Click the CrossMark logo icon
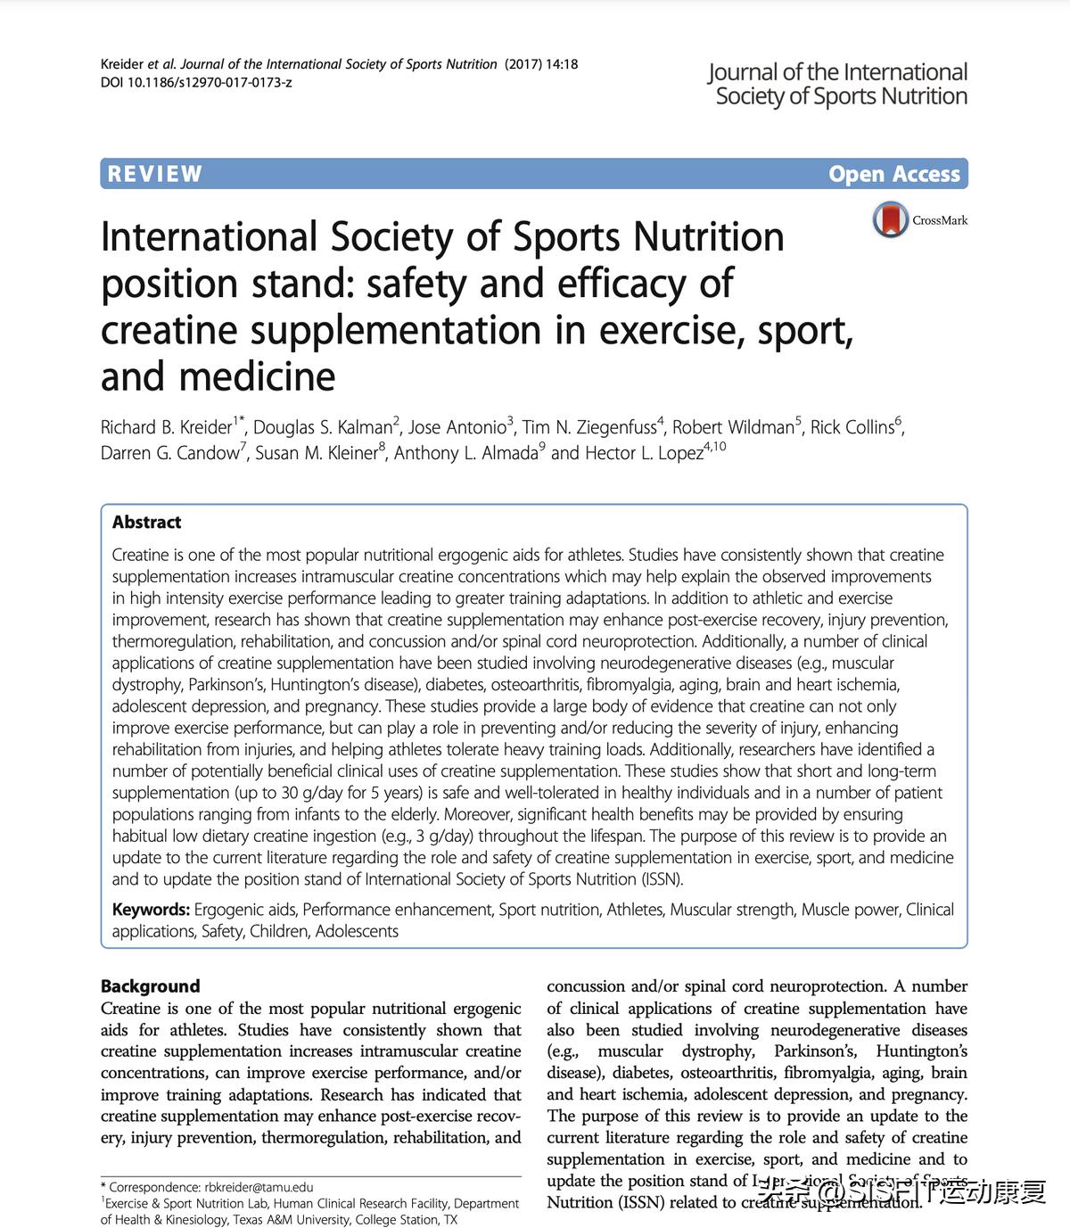[x=890, y=219]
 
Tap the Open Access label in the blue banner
[x=893, y=174]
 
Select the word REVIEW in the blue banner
[x=155, y=174]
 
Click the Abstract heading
[x=146, y=523]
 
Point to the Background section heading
[x=150, y=986]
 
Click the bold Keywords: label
[x=151, y=910]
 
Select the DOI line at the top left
[x=196, y=82]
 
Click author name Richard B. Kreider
[x=167, y=428]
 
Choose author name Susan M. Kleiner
[x=317, y=453]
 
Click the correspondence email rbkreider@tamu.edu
[x=259, y=1187]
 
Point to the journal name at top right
[x=839, y=85]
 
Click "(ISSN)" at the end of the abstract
[x=662, y=879]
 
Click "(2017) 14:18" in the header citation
[x=541, y=64]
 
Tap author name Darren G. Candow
[x=169, y=453]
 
